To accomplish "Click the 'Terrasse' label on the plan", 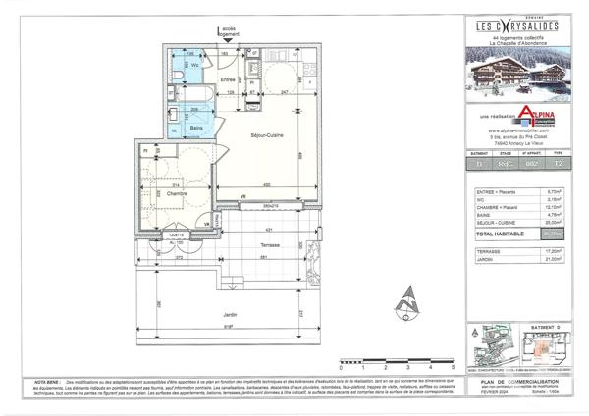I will coord(271,245).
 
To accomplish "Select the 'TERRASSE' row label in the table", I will coord(486,251).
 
